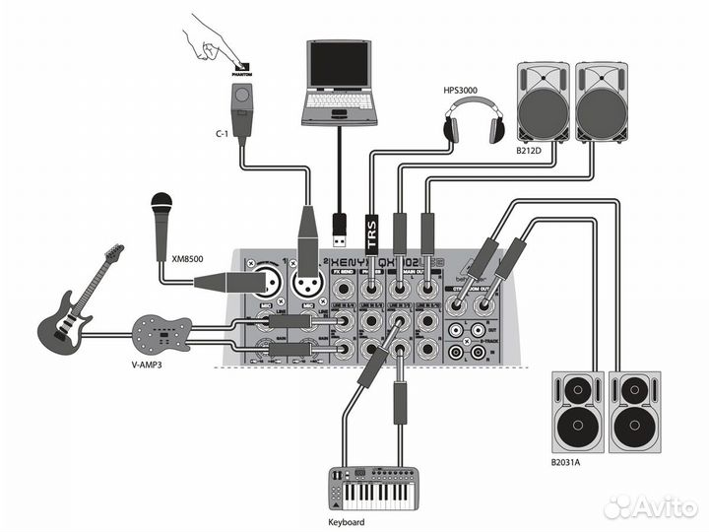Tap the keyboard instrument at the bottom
[369, 488]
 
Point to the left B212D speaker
[544, 102]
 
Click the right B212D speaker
[601, 102]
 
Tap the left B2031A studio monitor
[577, 414]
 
